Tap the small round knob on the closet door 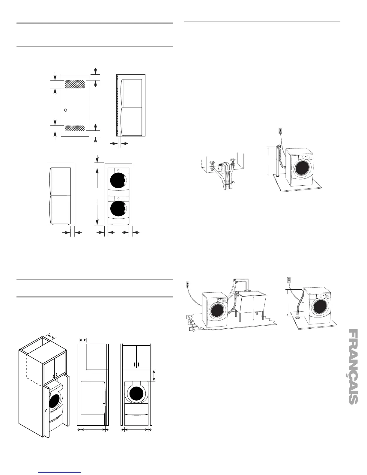66,110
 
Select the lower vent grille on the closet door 75,128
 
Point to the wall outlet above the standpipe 281,131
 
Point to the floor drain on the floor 298,317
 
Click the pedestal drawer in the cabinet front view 136,419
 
